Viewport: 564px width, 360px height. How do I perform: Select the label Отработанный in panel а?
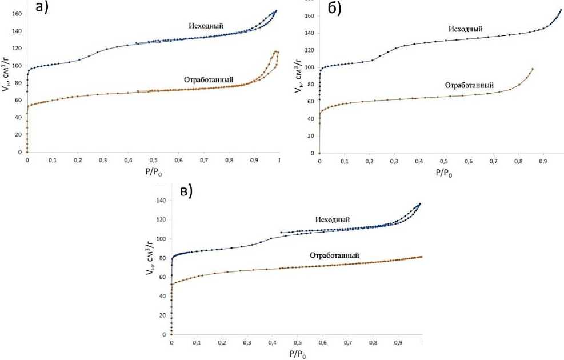tap(209, 79)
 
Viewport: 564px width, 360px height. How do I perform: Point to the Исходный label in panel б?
tap(466, 29)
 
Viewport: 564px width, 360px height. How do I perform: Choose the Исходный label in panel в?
tap(332, 219)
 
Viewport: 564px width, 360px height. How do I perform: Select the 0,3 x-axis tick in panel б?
tap(394, 162)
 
